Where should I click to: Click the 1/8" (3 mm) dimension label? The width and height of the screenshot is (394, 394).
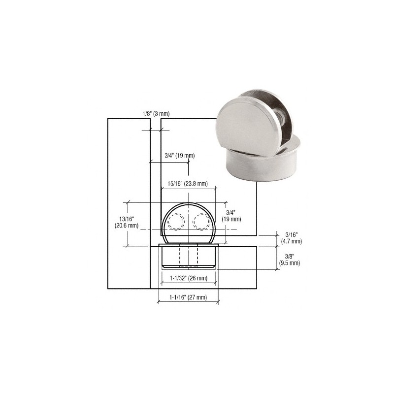click(156, 114)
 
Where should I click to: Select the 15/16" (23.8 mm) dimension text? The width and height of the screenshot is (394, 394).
click(188, 184)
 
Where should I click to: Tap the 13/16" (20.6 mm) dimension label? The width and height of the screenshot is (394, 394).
click(127, 223)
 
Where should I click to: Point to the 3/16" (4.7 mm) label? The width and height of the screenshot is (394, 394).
click(292, 238)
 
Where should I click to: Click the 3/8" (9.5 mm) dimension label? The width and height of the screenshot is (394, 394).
click(290, 260)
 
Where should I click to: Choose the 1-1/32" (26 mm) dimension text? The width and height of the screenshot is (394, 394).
click(189, 278)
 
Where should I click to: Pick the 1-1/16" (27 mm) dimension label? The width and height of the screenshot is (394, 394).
click(188, 297)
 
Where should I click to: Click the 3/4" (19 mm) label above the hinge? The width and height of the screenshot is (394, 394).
click(180, 156)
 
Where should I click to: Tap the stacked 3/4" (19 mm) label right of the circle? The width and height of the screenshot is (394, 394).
click(231, 216)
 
